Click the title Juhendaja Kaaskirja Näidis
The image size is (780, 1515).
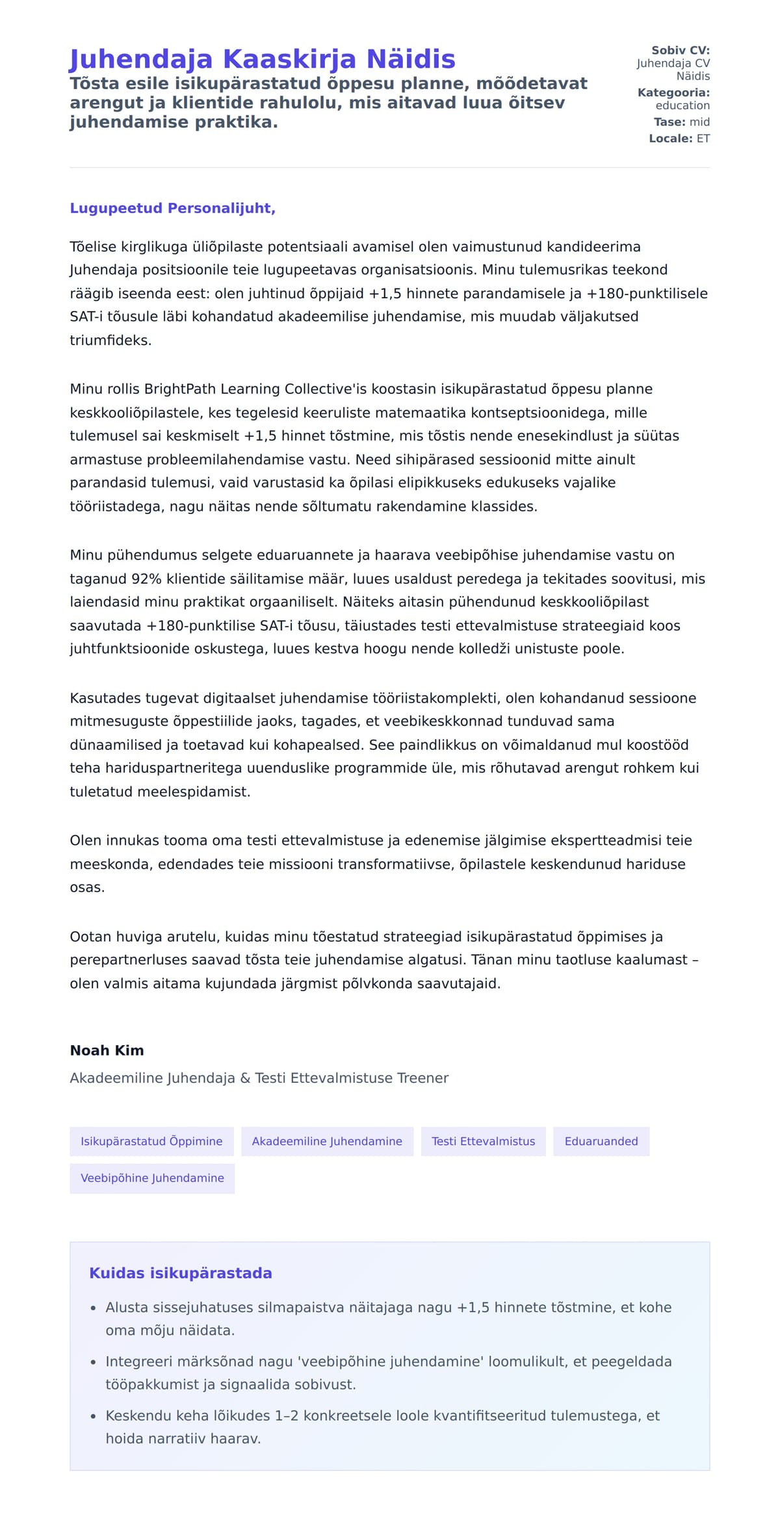262,59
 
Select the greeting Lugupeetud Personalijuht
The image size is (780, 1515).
172,208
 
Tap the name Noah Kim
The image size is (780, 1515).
107,1050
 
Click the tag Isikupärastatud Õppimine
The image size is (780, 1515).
151,1141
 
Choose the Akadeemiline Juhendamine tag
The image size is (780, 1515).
327,1141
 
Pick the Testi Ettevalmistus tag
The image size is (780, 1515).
484,1141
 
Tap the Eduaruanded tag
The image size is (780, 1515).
601,1141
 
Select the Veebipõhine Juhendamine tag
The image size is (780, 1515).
152,1178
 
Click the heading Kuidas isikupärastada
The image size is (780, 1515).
181,1273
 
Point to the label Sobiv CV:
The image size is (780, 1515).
681,50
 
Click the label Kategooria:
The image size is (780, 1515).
673,93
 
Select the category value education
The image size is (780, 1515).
682,105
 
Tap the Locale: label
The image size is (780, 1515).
670,138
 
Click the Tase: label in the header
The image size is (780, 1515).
669,122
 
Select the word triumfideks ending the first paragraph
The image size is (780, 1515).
110,340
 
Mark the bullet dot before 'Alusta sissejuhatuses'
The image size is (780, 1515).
94,1308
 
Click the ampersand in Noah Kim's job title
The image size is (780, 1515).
245,1078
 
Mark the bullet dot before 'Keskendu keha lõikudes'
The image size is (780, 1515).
94,1416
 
